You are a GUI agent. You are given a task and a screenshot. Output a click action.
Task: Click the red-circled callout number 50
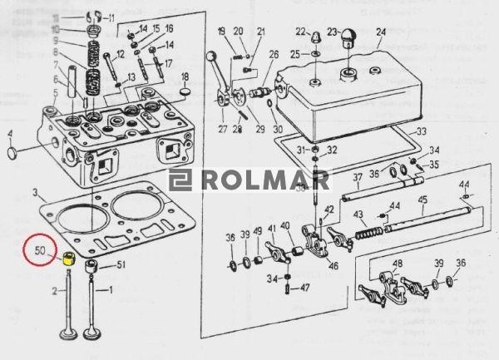point(40,249)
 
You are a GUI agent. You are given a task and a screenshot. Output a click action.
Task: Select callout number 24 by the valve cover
point(381,34)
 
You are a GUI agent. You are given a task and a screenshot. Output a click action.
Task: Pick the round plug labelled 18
point(185,86)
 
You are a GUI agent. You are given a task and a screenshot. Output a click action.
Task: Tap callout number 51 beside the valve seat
point(120,265)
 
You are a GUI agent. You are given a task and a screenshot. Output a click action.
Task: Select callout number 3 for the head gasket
point(36,193)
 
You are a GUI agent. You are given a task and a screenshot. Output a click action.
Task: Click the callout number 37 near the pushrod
point(357,177)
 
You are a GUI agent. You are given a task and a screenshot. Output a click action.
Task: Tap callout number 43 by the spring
point(360,214)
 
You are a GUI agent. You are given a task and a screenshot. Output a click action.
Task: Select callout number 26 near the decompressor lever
point(274,55)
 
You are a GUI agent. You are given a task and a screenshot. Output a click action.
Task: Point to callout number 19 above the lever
point(221,32)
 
